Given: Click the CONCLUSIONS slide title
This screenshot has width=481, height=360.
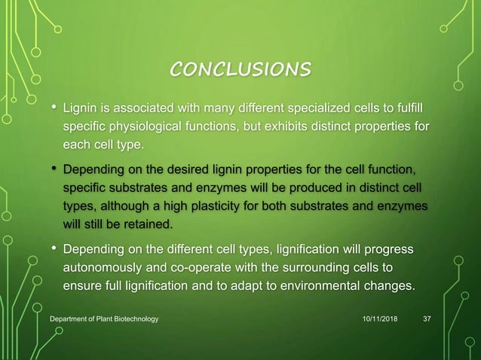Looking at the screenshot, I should click(240, 70).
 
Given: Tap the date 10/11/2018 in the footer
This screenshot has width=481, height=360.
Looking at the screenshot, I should click(380, 320).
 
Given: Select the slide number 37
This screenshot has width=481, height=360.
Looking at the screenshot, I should click(427, 320).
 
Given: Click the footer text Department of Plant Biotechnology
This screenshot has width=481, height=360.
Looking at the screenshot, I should click(104, 320).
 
